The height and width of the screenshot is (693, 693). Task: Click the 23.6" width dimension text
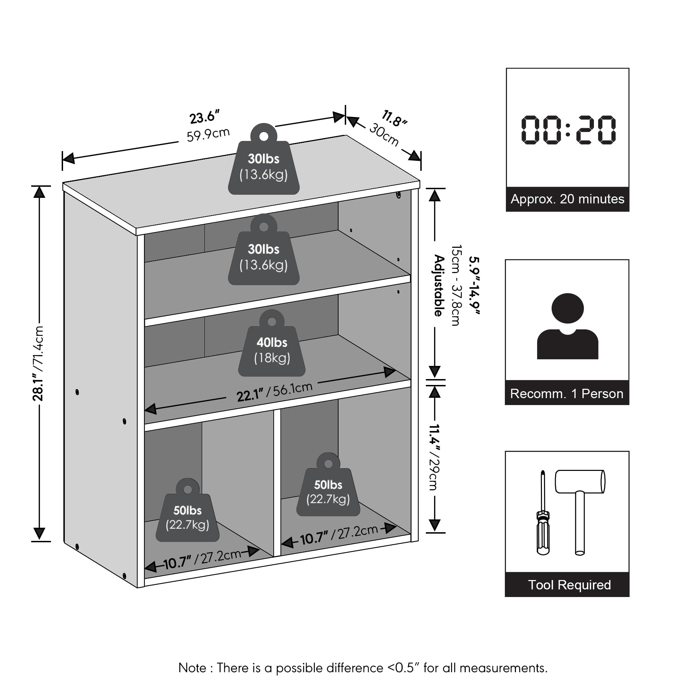click(204, 117)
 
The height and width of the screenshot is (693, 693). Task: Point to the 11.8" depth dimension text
click(394, 119)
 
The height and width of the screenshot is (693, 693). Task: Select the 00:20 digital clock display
click(568, 130)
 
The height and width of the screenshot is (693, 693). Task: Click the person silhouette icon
click(568, 326)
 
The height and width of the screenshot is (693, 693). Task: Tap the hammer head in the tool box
click(580, 482)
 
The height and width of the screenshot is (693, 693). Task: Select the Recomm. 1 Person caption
click(567, 394)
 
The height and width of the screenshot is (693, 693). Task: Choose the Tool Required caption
click(569, 585)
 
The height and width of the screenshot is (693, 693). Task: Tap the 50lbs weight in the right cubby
click(328, 484)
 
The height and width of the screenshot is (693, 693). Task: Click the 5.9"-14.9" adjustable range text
click(474, 286)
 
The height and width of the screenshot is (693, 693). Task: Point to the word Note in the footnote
click(192, 668)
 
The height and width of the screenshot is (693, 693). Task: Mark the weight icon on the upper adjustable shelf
click(264, 249)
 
